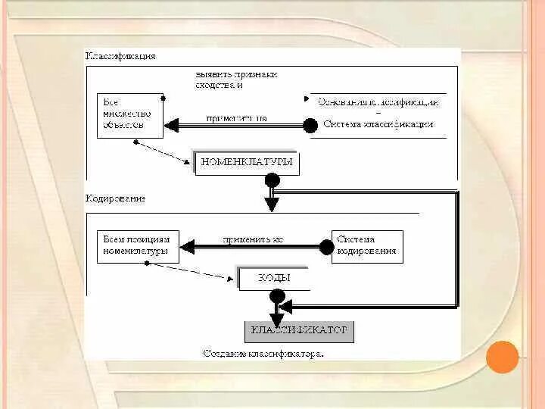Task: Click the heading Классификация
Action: (x=120, y=56)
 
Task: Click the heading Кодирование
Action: (x=115, y=198)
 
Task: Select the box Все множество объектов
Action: (x=130, y=114)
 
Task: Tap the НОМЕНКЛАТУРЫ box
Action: (x=245, y=162)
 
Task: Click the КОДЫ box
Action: (x=274, y=278)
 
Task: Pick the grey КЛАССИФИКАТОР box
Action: (x=299, y=331)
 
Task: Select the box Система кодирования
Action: (x=367, y=246)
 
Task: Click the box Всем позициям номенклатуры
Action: (x=138, y=246)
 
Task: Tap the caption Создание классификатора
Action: (x=263, y=354)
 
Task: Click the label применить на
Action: (x=236, y=118)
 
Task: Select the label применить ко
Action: (x=253, y=239)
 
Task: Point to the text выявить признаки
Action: (x=236, y=74)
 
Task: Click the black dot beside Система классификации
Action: (x=310, y=125)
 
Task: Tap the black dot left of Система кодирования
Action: (x=326, y=247)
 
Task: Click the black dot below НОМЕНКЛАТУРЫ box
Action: (x=272, y=181)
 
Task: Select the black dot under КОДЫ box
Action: (x=277, y=296)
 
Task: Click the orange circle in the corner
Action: (x=502, y=357)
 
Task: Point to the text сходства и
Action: (x=219, y=86)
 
